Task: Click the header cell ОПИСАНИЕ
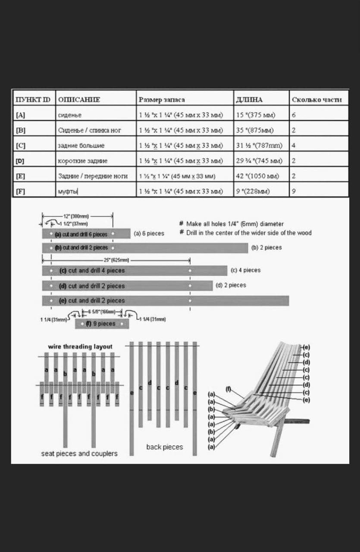79,99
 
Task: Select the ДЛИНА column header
249,99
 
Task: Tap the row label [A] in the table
21,115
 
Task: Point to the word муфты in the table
68,191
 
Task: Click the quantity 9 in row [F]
294,191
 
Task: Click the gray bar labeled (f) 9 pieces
102,324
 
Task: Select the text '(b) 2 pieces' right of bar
266,247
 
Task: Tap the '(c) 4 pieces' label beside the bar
246,270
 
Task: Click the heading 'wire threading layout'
80,347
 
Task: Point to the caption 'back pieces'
165,447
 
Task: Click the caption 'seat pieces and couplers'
79,454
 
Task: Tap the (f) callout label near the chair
229,388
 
